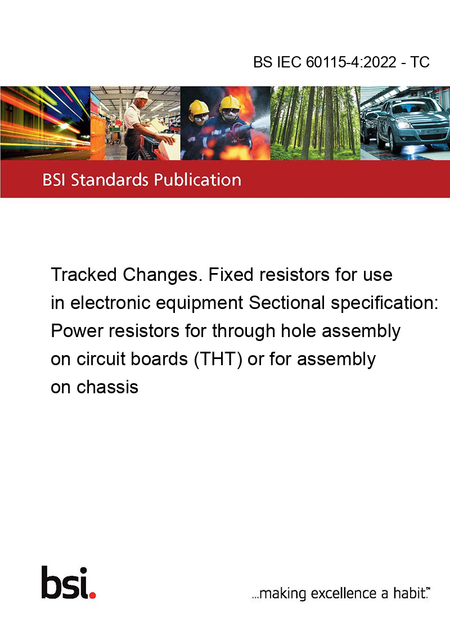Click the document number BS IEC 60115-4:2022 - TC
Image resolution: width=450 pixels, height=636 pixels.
[x=341, y=62]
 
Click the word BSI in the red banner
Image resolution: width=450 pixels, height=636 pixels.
[x=55, y=180]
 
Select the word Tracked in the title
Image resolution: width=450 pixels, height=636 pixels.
[x=84, y=275]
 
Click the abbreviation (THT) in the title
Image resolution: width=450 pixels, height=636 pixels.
[x=218, y=360]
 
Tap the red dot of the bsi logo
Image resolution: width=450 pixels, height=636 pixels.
[x=93, y=595]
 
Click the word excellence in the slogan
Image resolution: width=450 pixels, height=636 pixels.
[x=344, y=593]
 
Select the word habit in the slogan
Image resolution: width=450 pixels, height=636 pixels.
[x=409, y=593]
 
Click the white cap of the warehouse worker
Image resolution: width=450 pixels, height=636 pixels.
[x=142, y=96]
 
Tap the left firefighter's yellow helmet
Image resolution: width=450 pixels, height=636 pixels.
[x=198, y=108]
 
